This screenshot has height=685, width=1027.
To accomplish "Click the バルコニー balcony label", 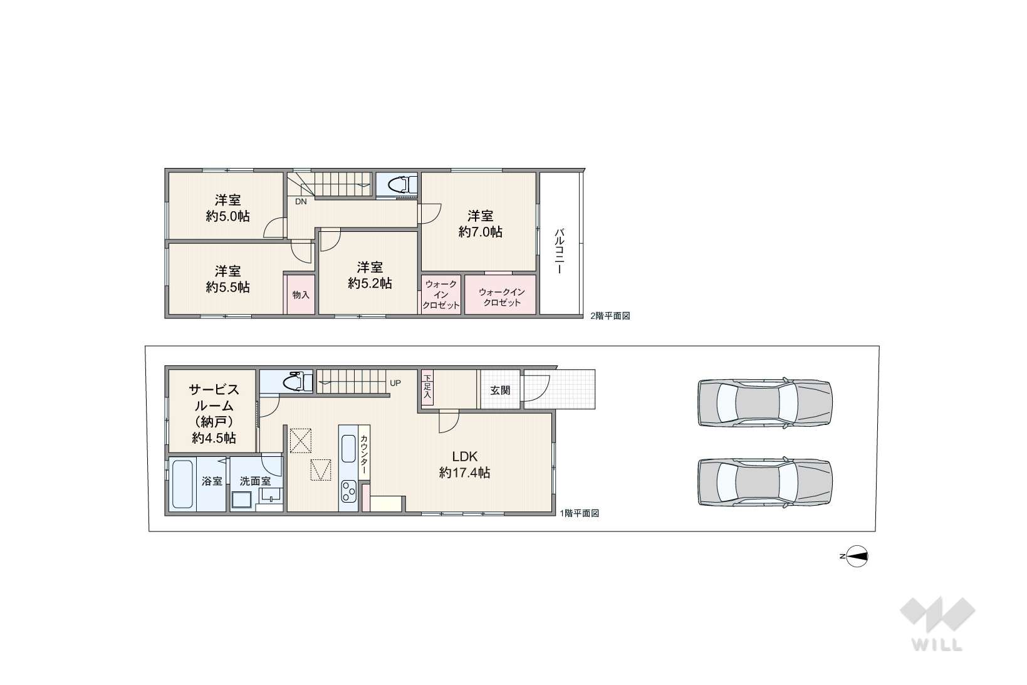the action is point(560,252).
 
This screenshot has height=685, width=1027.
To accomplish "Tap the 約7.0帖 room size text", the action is point(480,232).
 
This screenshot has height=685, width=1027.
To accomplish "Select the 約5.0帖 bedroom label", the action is point(227,216).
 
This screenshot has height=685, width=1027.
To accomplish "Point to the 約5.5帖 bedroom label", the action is point(227,288).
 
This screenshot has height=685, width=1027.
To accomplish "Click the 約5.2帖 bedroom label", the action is point(370,283).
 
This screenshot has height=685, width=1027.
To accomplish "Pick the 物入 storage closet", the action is point(301,295).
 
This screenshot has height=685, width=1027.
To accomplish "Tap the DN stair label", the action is point(301,201).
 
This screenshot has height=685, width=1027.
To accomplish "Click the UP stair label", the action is point(395,383).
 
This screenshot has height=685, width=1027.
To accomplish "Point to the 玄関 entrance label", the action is point(500,390).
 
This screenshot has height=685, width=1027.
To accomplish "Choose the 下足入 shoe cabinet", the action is point(427,387).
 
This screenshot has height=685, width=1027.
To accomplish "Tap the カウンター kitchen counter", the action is point(364,452).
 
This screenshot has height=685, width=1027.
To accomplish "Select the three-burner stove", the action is point(348,491).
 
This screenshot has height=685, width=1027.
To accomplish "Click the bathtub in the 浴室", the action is point(182,484).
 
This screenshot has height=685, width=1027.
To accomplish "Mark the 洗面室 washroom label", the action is point(255,481).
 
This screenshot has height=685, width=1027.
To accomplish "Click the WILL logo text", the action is point(937,645).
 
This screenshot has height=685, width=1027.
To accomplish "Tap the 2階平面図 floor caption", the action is point(610,316).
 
